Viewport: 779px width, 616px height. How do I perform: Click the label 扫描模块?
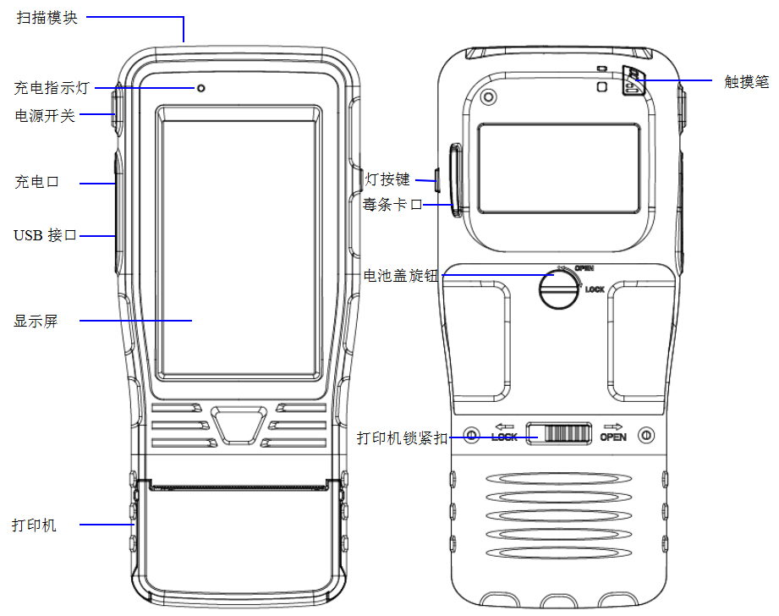click(x=47, y=18)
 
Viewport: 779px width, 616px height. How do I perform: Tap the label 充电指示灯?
click(x=52, y=88)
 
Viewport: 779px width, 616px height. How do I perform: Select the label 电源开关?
click(x=45, y=116)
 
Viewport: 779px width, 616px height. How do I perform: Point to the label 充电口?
click(x=36, y=182)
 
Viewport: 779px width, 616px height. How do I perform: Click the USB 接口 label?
click(x=45, y=235)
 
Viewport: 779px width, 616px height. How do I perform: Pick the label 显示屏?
click(x=36, y=322)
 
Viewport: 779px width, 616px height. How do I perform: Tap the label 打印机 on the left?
click(x=35, y=525)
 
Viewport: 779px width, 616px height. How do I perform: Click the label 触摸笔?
click(x=746, y=81)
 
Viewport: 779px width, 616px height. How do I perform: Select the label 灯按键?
click(x=387, y=179)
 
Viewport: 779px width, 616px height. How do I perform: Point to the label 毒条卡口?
click(x=392, y=204)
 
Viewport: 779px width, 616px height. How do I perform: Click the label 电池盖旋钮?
click(x=401, y=276)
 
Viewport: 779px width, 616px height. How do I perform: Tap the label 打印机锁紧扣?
click(x=403, y=438)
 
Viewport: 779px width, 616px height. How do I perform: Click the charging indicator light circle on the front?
click(x=201, y=89)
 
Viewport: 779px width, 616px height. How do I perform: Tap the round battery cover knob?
click(x=559, y=289)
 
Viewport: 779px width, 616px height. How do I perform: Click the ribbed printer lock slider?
click(x=559, y=433)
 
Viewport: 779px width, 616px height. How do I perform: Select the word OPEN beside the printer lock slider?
click(x=613, y=437)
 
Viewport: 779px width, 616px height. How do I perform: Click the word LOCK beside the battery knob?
click(x=595, y=289)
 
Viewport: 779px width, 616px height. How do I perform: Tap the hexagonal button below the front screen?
click(x=239, y=425)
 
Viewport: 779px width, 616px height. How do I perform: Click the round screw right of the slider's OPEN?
click(x=646, y=436)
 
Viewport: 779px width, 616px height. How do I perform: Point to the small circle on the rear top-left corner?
click(x=489, y=96)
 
